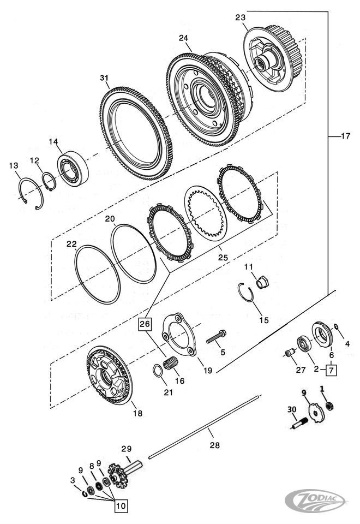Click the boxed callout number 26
click(x=145, y=324)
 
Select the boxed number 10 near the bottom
click(x=121, y=505)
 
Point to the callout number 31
click(x=104, y=78)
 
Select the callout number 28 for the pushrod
click(x=214, y=445)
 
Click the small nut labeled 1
click(x=329, y=406)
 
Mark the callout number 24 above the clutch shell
click(x=183, y=38)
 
